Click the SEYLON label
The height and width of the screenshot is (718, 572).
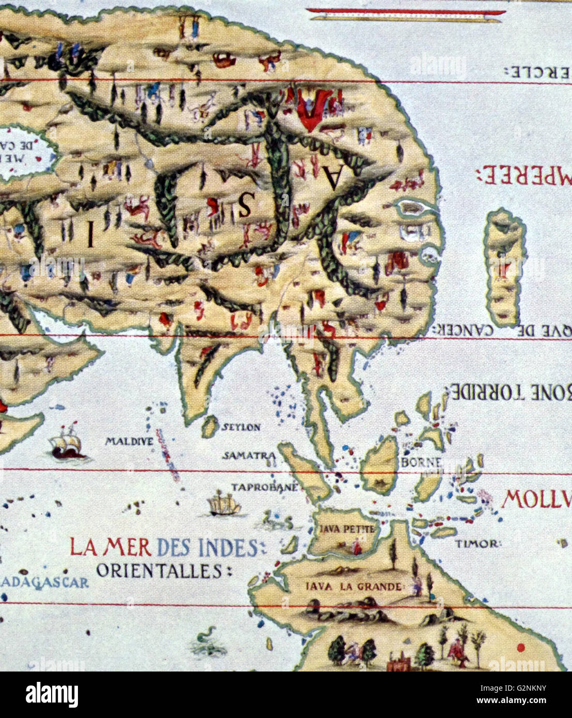240,428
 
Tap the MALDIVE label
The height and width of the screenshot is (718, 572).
129,442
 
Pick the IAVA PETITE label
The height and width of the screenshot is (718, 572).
342,529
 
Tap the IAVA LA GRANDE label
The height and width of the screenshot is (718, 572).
353,587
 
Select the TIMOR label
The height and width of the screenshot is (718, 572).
478,543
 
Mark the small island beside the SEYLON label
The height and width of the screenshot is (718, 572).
209,427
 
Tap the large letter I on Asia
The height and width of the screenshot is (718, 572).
90,238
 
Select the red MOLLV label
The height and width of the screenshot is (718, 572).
537,500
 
